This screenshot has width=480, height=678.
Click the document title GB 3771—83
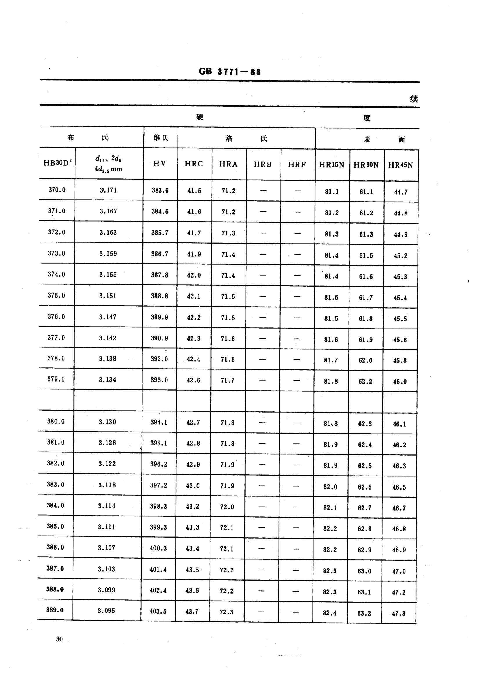230,72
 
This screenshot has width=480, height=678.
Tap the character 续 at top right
414,99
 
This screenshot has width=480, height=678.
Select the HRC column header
194,164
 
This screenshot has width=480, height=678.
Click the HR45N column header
400,165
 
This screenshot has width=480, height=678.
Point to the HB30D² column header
57,163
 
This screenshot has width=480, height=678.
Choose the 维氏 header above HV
161,138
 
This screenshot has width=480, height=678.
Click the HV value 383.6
160,191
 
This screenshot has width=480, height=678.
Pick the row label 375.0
57,296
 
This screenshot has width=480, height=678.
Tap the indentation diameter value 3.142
108,338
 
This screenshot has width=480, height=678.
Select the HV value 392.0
159,359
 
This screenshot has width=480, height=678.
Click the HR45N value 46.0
400,382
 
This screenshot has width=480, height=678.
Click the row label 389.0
55,610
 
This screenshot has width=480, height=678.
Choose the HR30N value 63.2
364,614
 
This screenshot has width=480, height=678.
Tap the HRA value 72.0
227,507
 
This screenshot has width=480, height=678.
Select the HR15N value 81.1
332,192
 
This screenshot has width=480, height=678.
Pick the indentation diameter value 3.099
107,590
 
